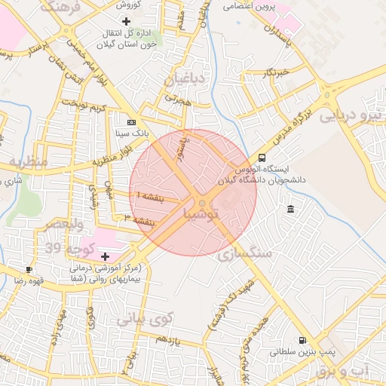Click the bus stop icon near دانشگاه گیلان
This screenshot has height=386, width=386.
pyautogui.click(x=262, y=158)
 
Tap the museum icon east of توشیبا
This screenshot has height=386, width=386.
pyautogui.click(x=291, y=208)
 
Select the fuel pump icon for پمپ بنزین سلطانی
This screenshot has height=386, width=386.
pyautogui.click(x=302, y=341)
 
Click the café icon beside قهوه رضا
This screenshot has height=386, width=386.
pyautogui.click(x=29, y=269)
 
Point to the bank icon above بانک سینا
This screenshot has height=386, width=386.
pyautogui.click(x=132, y=121)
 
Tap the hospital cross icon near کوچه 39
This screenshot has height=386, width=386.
pyautogui.click(x=105, y=256)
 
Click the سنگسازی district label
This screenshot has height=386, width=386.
pyautogui.click(x=245, y=255)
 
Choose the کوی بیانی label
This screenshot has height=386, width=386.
pyautogui.click(x=145, y=319)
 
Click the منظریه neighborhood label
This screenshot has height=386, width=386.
pyautogui.click(x=29, y=162)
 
